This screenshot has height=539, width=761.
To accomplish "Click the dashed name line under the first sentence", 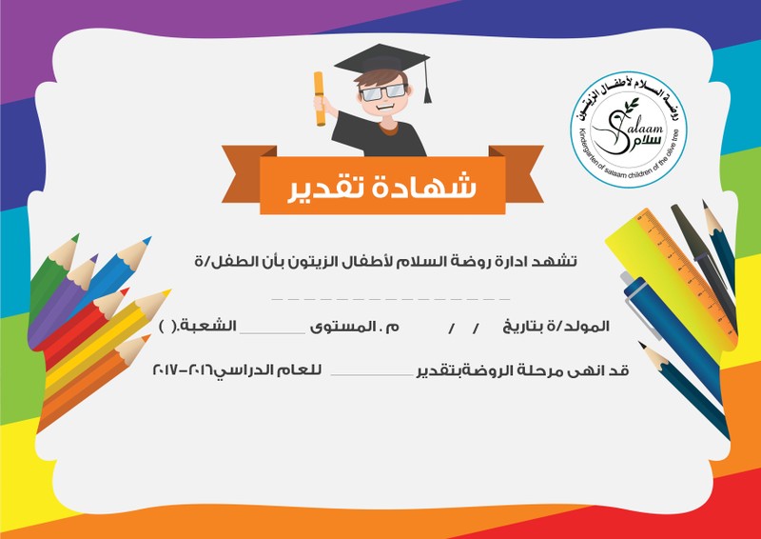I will click(x=391, y=297).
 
